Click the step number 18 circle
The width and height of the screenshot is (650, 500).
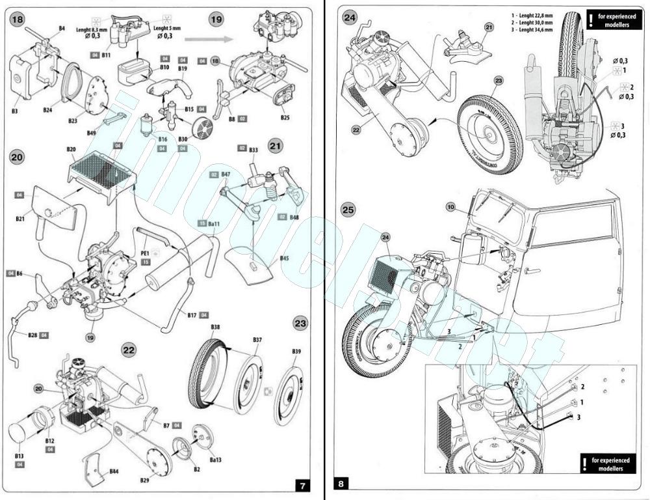pyautogui.click(x=18, y=20)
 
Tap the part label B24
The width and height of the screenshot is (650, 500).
pyautogui.click(x=47, y=111)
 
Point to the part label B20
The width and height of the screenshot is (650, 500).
pyautogui.click(x=71, y=150)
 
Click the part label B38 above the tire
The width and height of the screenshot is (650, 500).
pyautogui.click(x=215, y=327)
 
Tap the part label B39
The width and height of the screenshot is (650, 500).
pyautogui.click(x=296, y=352)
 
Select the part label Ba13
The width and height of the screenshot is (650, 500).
pyautogui.click(x=215, y=460)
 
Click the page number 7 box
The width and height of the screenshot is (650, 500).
pyautogui.click(x=302, y=486)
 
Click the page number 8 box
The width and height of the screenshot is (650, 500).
pyautogui.click(x=343, y=484)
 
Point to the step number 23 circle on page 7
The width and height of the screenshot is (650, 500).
pyautogui.click(x=300, y=323)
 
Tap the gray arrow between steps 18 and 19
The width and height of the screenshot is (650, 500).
pyautogui.click(x=215, y=39)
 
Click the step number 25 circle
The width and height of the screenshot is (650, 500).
pyautogui.click(x=348, y=210)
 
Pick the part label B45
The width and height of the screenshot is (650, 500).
pyautogui.click(x=285, y=259)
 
